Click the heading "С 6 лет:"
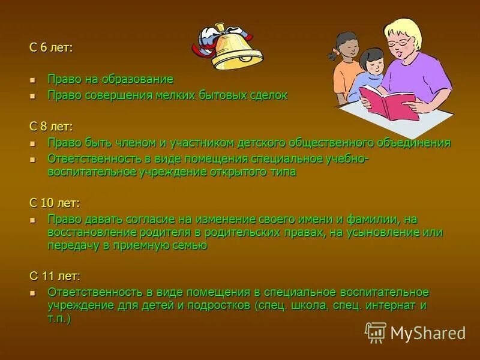click(51, 48)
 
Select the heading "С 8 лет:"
click(51, 126)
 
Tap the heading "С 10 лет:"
click(54, 203)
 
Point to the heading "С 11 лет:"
click(54, 276)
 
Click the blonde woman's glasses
click(400, 43)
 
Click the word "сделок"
click(269, 95)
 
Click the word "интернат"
click(391, 305)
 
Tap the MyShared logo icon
click(376, 332)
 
